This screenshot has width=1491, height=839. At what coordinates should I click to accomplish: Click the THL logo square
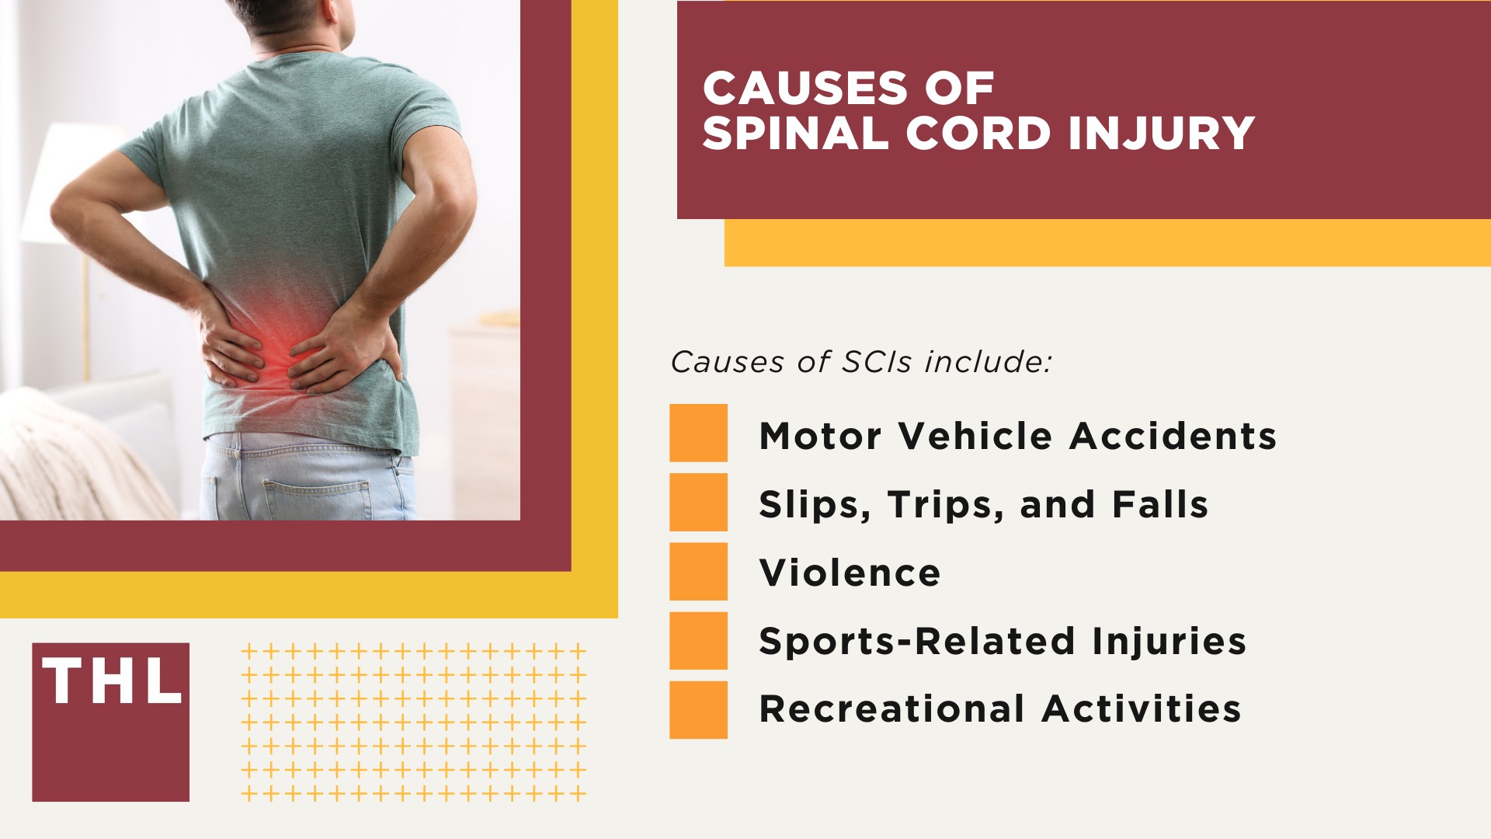tap(110, 722)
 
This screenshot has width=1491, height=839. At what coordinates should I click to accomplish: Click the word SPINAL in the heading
tap(795, 134)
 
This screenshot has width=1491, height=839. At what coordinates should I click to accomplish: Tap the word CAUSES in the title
tap(805, 88)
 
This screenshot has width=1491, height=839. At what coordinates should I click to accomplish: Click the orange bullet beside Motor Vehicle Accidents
tap(698, 433)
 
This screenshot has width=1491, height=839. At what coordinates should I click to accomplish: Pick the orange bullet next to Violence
tap(698, 571)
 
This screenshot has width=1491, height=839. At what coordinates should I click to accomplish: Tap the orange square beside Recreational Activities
tap(698, 709)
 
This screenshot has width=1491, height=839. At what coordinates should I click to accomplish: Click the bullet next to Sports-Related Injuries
tap(698, 640)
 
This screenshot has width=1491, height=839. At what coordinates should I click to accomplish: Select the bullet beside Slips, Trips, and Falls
tap(698, 502)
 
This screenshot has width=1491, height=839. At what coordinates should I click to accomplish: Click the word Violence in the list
tap(850, 573)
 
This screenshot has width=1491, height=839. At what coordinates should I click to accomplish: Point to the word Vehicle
tap(975, 436)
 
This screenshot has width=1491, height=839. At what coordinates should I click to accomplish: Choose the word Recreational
tap(891, 709)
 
